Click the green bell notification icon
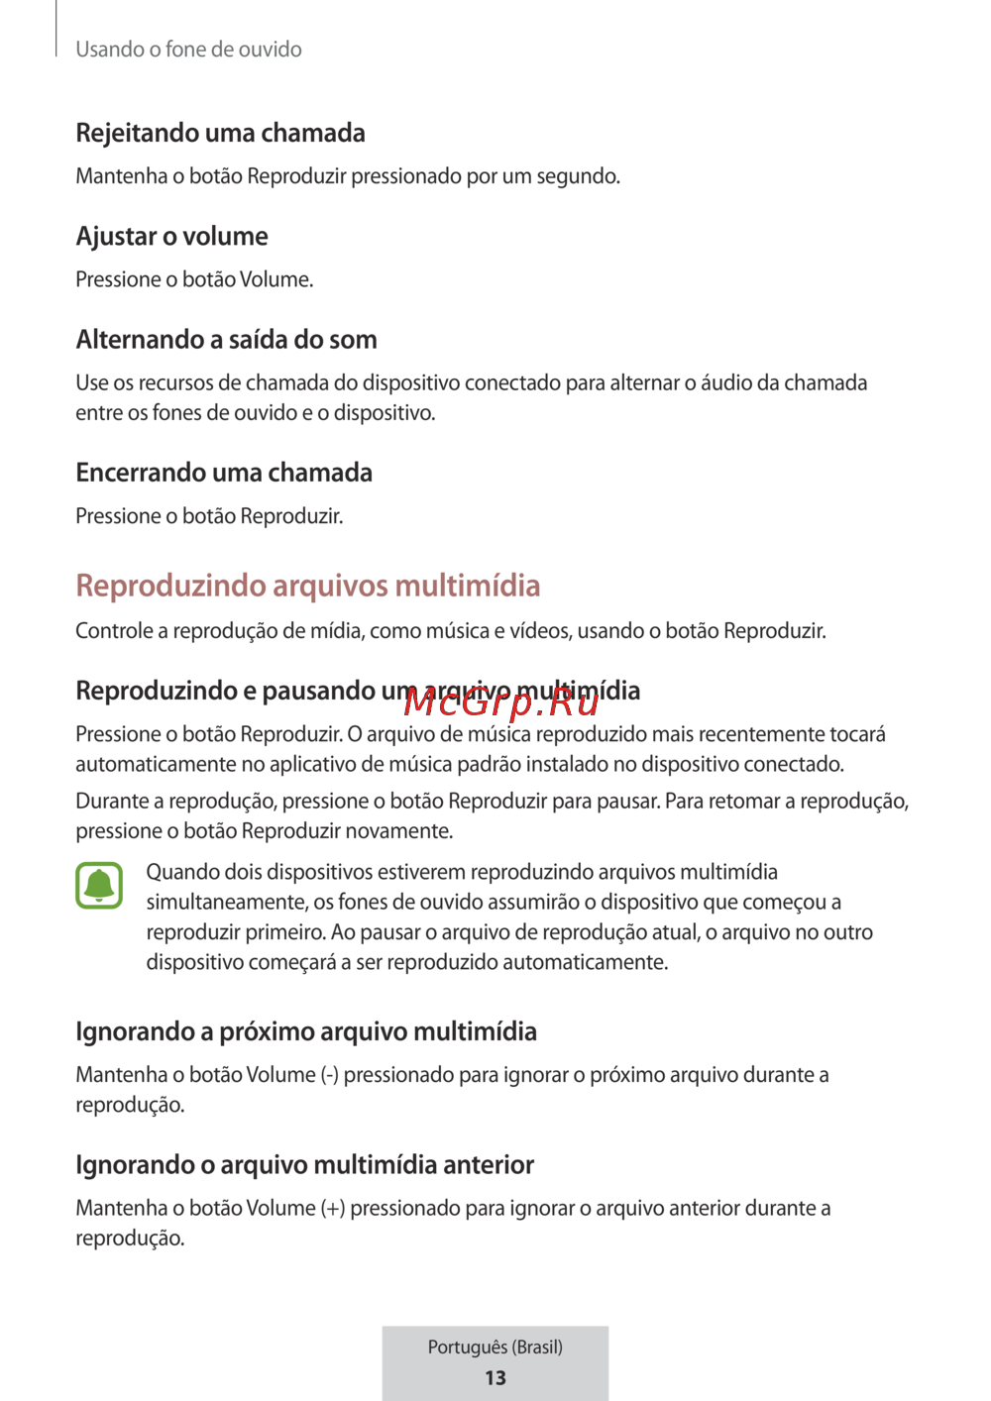99,885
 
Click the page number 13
495,1377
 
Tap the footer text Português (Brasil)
495,1347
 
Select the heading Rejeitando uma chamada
220,133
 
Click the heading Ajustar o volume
171,236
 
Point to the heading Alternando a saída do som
226,340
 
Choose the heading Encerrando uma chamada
224,473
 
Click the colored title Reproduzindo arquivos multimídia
308,586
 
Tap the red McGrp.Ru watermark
501,702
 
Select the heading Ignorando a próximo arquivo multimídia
306,1031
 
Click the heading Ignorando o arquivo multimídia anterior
305,1164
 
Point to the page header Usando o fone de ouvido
188,50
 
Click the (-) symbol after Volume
330,1075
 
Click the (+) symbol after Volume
333,1208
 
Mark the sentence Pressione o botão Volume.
194,279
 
